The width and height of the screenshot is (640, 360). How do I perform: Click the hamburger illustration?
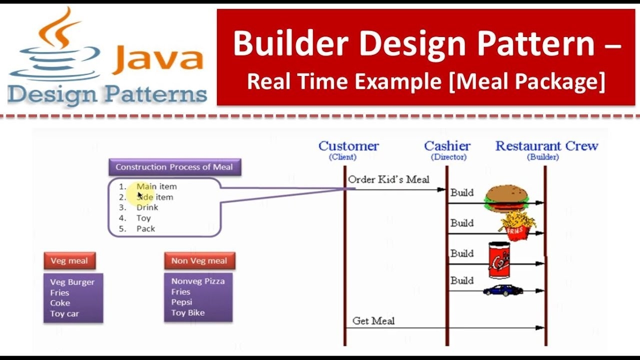click(506, 198)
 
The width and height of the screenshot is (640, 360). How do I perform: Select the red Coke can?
click(499, 260)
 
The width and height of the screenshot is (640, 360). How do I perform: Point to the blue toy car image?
click(502, 290)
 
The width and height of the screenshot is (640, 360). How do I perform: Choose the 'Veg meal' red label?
click(69, 260)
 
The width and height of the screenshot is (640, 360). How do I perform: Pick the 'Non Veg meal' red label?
click(199, 260)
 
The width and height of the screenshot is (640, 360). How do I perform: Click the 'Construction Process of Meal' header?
click(174, 167)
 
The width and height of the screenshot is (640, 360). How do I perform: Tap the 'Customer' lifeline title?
click(348, 146)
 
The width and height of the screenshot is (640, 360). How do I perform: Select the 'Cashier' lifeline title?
click(447, 146)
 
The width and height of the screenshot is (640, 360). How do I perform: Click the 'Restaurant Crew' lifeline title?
click(546, 146)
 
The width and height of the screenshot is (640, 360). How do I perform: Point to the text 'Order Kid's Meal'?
click(388, 179)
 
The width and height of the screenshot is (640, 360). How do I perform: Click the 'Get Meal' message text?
click(373, 321)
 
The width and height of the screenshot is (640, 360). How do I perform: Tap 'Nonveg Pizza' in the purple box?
click(198, 281)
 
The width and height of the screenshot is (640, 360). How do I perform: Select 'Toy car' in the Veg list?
click(64, 313)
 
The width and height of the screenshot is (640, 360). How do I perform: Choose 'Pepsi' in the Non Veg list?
click(181, 302)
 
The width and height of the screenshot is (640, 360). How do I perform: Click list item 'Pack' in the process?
click(145, 228)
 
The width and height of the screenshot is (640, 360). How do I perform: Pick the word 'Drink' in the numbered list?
click(147, 207)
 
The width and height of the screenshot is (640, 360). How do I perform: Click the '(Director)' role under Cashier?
click(448, 157)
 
